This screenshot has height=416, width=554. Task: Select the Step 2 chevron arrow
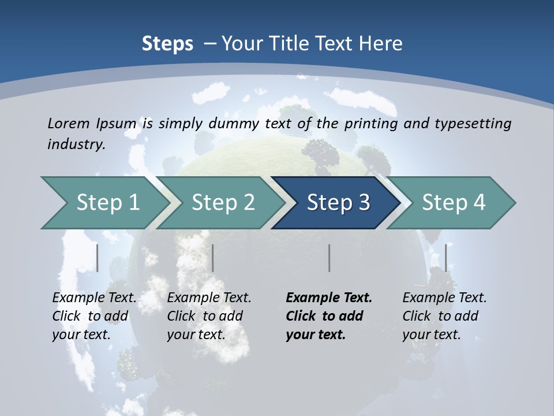click(223, 203)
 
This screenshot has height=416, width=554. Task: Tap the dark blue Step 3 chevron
click(338, 203)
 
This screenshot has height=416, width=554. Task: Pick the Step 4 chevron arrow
click(453, 203)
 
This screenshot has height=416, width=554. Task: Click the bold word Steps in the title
click(167, 43)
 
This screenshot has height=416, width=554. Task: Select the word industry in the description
click(76, 144)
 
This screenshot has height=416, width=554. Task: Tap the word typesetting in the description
click(473, 123)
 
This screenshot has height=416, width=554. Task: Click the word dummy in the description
click(234, 123)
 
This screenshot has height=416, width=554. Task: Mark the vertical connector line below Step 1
click(97, 258)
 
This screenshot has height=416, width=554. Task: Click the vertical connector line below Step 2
click(213, 258)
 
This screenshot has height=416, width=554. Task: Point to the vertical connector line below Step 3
click(329, 258)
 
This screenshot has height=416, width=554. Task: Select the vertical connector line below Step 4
click(446, 258)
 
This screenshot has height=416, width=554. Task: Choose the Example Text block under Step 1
click(94, 316)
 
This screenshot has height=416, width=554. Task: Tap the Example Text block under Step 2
click(209, 316)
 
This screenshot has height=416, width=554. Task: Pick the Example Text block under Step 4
click(444, 316)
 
